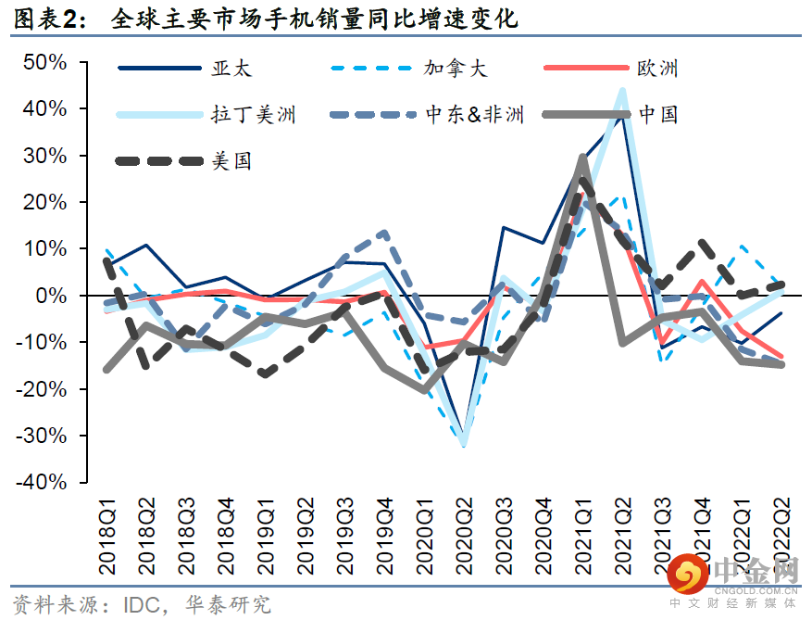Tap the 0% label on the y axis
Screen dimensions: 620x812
[50, 296]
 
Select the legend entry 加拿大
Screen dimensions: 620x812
[456, 68]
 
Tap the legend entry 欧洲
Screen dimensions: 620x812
[657, 68]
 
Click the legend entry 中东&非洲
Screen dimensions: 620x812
[475, 114]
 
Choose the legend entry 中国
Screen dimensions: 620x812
[657, 114]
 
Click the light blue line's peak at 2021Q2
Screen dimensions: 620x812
[621, 91]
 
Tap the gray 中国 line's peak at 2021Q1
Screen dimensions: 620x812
[582, 158]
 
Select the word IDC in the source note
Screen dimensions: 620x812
[145, 604]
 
